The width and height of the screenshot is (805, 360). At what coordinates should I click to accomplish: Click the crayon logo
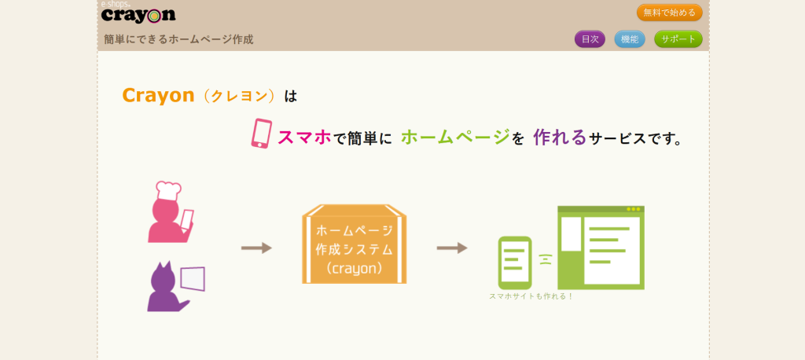point(138,14)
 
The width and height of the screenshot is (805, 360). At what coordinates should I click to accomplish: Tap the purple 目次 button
point(590,39)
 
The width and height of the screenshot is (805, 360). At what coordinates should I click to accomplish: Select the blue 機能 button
point(630,39)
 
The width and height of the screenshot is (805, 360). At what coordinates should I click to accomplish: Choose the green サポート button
point(678,39)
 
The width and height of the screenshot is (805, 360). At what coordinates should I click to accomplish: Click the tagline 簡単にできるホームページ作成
point(178,39)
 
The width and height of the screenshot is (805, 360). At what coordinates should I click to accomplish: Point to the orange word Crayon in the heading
point(159,96)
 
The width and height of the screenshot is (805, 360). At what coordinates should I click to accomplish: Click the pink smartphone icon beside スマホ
point(261,134)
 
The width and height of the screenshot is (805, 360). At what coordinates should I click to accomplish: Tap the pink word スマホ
point(304,137)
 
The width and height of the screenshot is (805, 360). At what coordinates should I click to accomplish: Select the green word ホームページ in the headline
point(455,137)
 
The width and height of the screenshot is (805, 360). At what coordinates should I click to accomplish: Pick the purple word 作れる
point(560,137)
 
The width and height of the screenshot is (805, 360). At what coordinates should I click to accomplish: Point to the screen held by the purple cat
point(193,278)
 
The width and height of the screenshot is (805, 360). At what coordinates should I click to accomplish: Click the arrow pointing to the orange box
point(256,248)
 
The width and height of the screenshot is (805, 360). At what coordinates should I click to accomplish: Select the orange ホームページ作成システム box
point(355,244)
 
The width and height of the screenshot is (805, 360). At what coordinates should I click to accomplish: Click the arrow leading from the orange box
point(452,248)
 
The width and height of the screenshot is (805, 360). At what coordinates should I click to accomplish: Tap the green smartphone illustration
point(515,263)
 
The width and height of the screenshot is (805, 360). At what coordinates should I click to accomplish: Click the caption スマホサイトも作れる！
point(531,296)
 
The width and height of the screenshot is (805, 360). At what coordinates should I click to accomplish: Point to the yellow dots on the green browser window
point(634,209)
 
